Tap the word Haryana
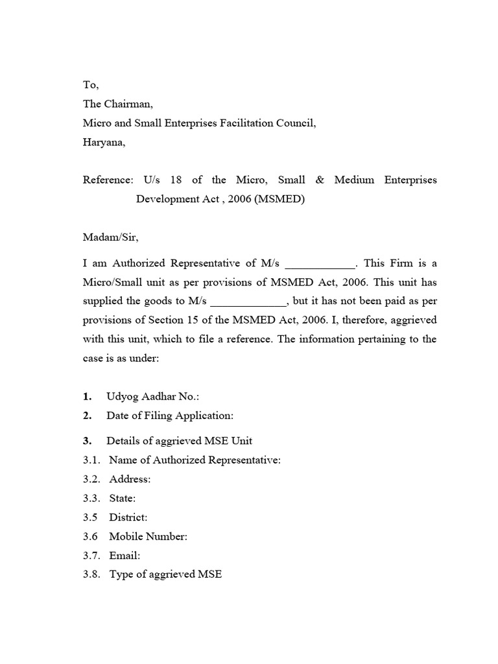pos(104,143)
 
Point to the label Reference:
pos(108,180)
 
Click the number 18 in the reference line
pos(177,180)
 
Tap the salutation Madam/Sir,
pos(110,237)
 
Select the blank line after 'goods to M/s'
pos(248,302)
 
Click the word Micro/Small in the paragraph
pos(113,283)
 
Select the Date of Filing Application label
pos(170,416)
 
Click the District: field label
pos(128,517)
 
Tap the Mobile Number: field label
pos(148,536)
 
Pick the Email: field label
pos(124,556)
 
